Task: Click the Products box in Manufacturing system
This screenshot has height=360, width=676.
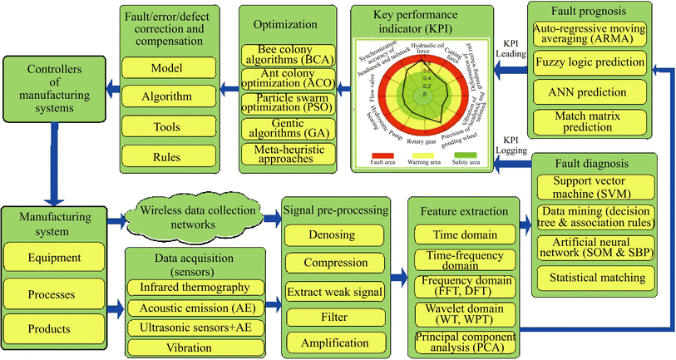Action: pos(52,329)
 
